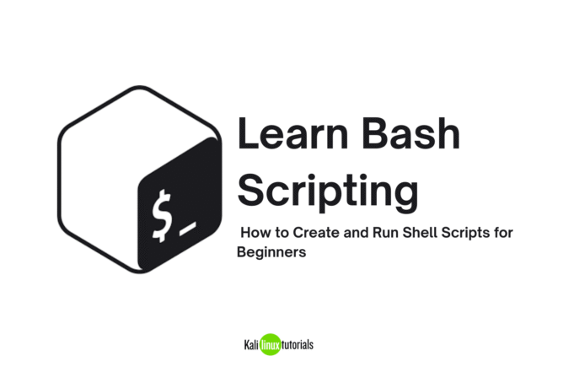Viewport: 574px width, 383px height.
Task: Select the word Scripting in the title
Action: [327, 191]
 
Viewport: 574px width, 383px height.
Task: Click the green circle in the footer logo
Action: [270, 345]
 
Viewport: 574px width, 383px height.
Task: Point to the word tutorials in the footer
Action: [298, 345]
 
